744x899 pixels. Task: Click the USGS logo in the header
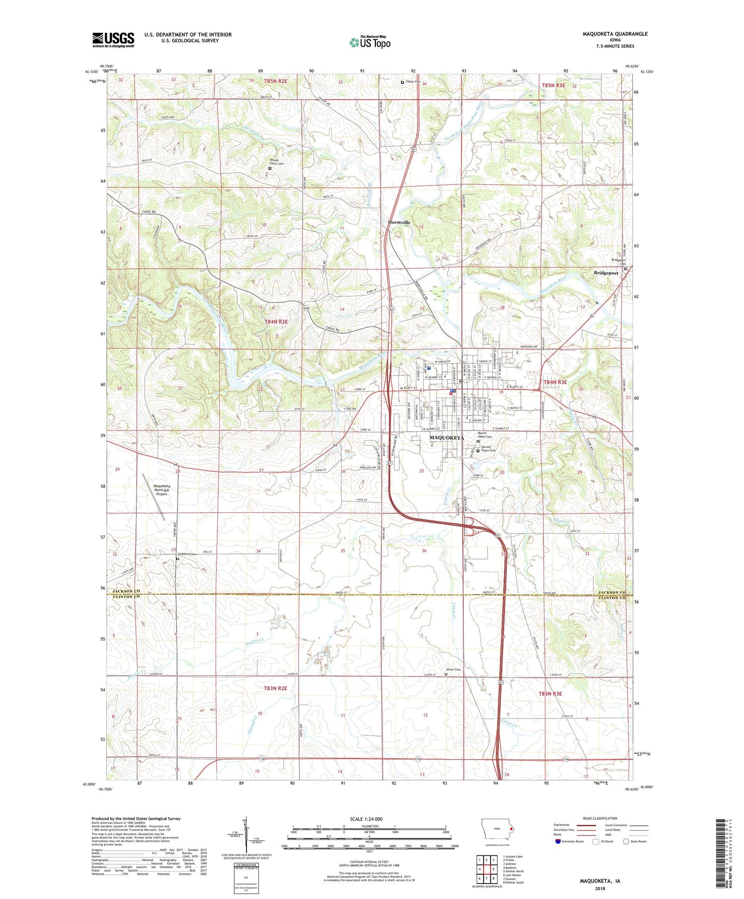[113, 40]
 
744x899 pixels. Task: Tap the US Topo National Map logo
[370, 42]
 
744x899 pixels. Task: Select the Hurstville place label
[399, 223]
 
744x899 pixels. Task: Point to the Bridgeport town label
[606, 273]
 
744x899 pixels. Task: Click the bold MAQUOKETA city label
[446, 438]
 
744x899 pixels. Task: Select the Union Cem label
[453, 669]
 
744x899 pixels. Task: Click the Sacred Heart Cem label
[489, 448]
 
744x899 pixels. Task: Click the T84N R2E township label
[276, 322]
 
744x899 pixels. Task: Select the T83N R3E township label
[551, 694]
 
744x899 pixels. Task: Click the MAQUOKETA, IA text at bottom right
[600, 881]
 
